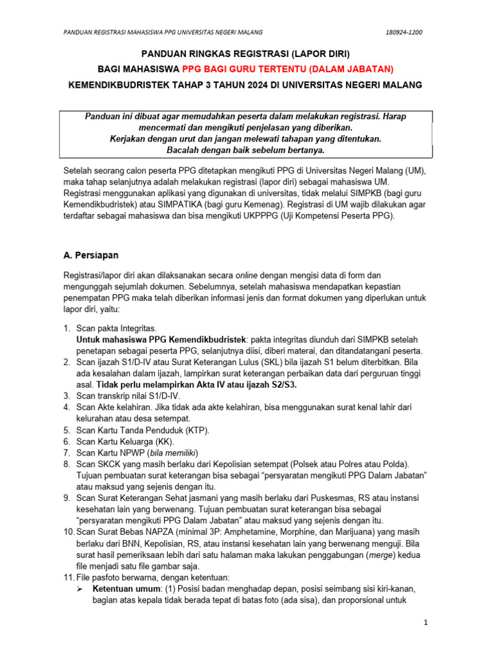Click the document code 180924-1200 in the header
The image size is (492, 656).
(404, 33)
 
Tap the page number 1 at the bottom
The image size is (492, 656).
(426, 623)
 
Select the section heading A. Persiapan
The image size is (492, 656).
(90, 255)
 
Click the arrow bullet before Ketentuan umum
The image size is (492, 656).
(80, 588)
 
